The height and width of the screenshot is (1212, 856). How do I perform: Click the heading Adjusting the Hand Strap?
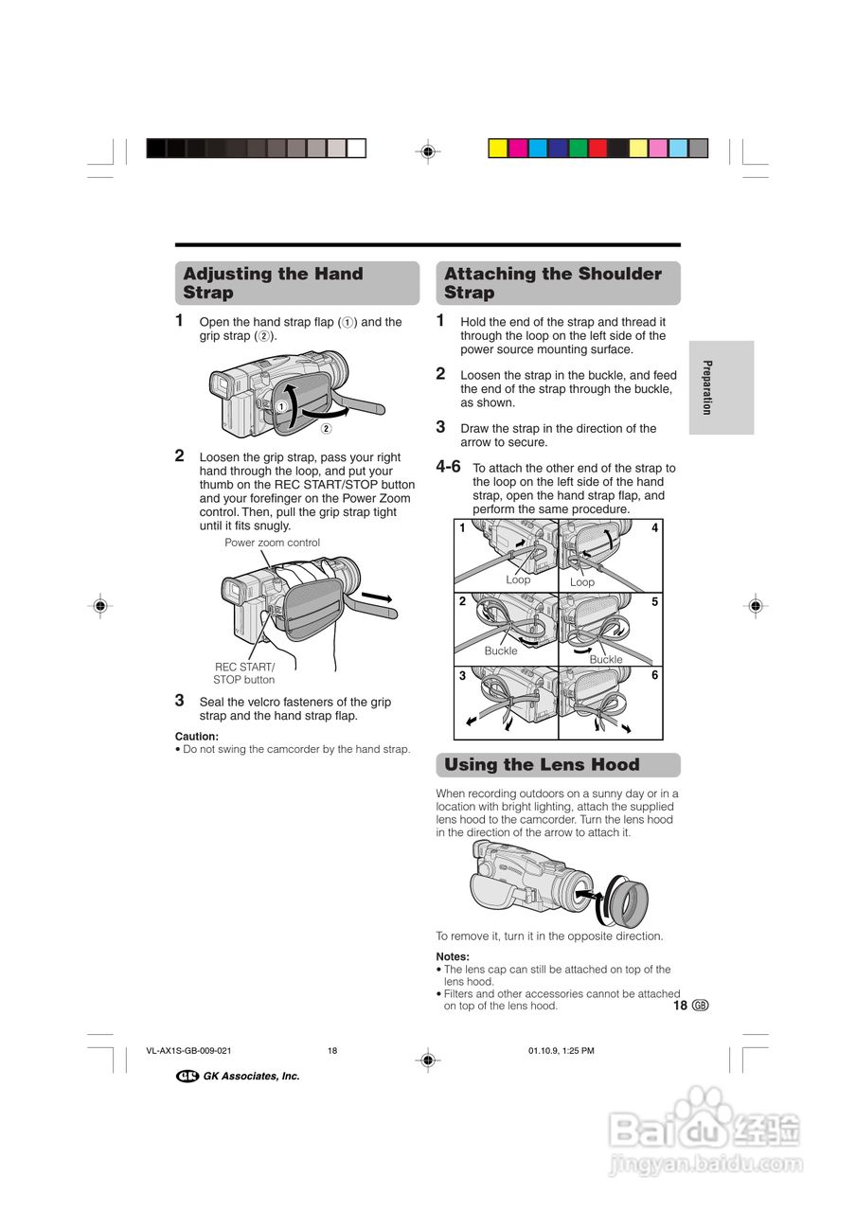coord(273,283)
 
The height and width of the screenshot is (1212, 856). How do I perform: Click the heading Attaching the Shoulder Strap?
coord(552,283)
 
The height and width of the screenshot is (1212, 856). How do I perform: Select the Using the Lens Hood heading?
coord(542,765)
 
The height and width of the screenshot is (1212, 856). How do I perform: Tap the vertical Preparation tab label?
coord(706,387)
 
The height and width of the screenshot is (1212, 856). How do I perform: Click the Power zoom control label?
coord(272,543)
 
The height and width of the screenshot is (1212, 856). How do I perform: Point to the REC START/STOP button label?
coord(244,673)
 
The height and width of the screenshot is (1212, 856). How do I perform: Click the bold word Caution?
coord(197,736)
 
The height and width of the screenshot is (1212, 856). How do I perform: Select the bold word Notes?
coord(453,956)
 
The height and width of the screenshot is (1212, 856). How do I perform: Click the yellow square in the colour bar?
coord(497,149)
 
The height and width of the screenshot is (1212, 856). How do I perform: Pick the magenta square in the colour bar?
coord(518,149)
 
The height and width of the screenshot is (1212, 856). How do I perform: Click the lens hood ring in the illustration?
coord(627,900)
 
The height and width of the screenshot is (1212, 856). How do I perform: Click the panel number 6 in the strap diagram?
coord(654,675)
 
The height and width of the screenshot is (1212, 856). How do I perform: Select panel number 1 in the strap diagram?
coord(463,528)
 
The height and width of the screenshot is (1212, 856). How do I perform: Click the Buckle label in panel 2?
coord(501,651)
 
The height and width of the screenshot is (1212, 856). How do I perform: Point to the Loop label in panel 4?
coord(582,582)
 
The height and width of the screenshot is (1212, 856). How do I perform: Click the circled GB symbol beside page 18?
coord(701,1006)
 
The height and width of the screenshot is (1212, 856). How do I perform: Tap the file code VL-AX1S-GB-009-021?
coord(189,1051)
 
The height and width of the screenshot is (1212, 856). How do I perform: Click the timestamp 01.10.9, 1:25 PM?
coord(561,1051)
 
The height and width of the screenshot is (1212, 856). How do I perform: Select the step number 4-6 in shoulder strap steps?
coord(449,467)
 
